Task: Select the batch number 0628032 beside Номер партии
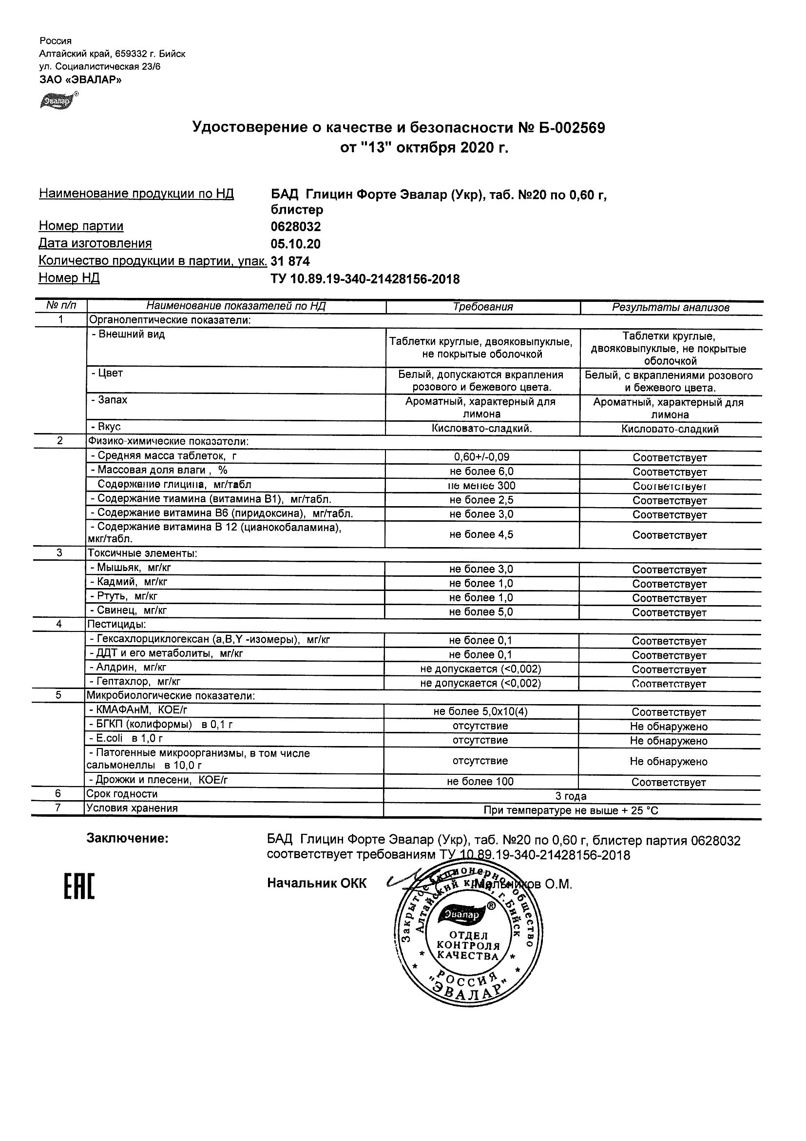[x=295, y=227]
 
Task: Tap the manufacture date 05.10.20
[x=295, y=244]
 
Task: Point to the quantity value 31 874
[x=290, y=261]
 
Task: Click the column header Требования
[x=483, y=307]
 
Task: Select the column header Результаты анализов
[x=671, y=308]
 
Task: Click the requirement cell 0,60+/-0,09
[x=481, y=457]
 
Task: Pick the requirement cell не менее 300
[x=481, y=486]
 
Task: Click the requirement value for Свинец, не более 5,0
[x=480, y=612]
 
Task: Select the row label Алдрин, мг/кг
[x=128, y=668]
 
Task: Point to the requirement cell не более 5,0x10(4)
[x=480, y=711]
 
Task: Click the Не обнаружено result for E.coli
[x=669, y=741]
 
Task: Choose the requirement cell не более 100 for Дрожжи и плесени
[x=480, y=782]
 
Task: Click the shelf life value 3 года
[x=571, y=796]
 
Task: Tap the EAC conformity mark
[x=79, y=886]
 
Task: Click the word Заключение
[x=128, y=839]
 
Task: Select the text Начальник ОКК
[x=317, y=883]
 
